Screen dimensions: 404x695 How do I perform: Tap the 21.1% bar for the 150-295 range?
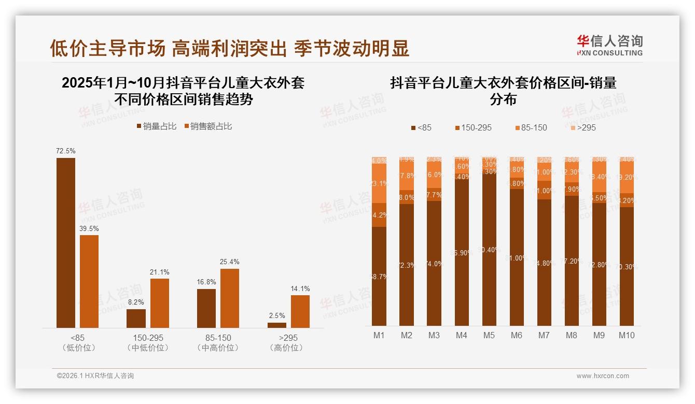pyautogui.click(x=160, y=303)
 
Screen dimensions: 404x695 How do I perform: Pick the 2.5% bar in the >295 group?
pyautogui.click(x=277, y=325)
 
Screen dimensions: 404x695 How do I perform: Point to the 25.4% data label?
pyautogui.click(x=230, y=262)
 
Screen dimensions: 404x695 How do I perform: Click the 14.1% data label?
pyautogui.click(x=300, y=289)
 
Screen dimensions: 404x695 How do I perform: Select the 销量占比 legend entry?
pyautogui.click(x=157, y=126)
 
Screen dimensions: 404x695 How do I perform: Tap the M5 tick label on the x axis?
pyautogui.click(x=489, y=335)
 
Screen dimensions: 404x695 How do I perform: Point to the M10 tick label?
pyautogui.click(x=627, y=335)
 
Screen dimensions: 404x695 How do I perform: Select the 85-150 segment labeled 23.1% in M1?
pyautogui.click(x=379, y=184)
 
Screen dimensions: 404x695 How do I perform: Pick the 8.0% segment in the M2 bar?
pyautogui.click(x=407, y=197)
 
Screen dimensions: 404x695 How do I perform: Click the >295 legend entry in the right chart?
pyautogui.click(x=583, y=127)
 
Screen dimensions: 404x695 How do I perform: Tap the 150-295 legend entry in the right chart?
pyautogui.click(x=473, y=127)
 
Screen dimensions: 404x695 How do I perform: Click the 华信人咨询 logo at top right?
pyautogui.click(x=609, y=45)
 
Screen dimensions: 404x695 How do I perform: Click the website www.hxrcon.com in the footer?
pyautogui.click(x=603, y=376)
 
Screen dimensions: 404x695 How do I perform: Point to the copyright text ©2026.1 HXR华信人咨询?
pyautogui.click(x=95, y=376)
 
